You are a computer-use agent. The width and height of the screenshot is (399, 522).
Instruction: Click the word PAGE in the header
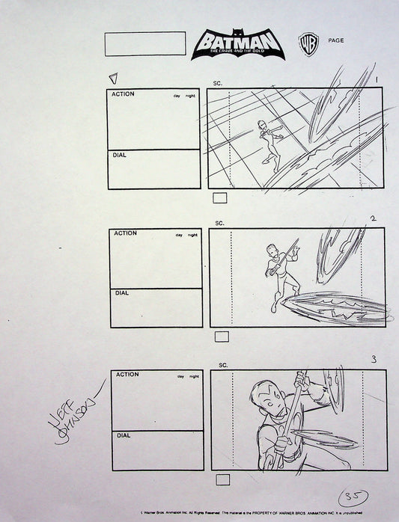pyautogui.click(x=336, y=40)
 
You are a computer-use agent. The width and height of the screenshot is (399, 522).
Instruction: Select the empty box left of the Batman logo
pyautogui.click(x=145, y=43)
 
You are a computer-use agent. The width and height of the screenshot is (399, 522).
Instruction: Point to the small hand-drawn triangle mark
pyautogui.click(x=114, y=78)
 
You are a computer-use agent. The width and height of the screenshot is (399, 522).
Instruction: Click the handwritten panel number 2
pyautogui.click(x=373, y=219)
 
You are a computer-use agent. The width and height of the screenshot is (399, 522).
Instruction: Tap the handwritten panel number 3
pyautogui.click(x=374, y=360)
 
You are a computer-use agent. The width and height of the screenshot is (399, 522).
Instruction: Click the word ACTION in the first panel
pyautogui.click(x=124, y=95)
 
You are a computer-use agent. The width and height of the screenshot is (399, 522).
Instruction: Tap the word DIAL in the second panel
pyautogui.click(x=121, y=293)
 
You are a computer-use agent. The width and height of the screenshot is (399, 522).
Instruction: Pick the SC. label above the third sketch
pyautogui.click(x=222, y=364)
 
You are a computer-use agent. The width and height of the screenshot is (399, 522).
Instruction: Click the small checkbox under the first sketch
pyautogui.click(x=221, y=198)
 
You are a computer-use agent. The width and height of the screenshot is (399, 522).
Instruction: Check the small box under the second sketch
pyautogui.click(x=222, y=337)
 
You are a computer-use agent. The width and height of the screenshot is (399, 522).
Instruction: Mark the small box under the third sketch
pyautogui.click(x=222, y=479)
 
